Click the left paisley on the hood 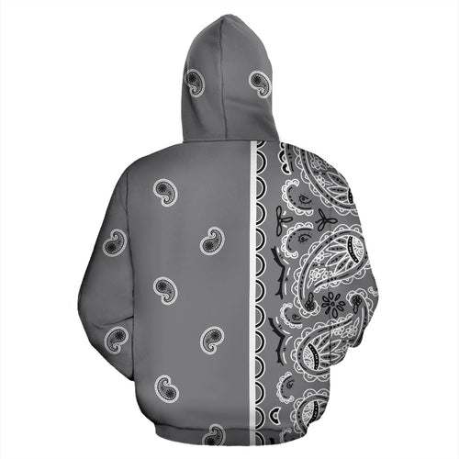pyautogui.click(x=195, y=83)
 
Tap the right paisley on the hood pyautogui.click(x=260, y=84)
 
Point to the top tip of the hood pyautogui.click(x=229, y=16)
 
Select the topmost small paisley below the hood pyautogui.click(x=165, y=192)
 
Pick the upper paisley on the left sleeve pyautogui.click(x=114, y=242)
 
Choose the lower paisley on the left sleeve pyautogui.click(x=117, y=336)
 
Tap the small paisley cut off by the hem pyautogui.click(x=214, y=433)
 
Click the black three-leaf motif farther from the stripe pyautogui.click(x=323, y=220)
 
